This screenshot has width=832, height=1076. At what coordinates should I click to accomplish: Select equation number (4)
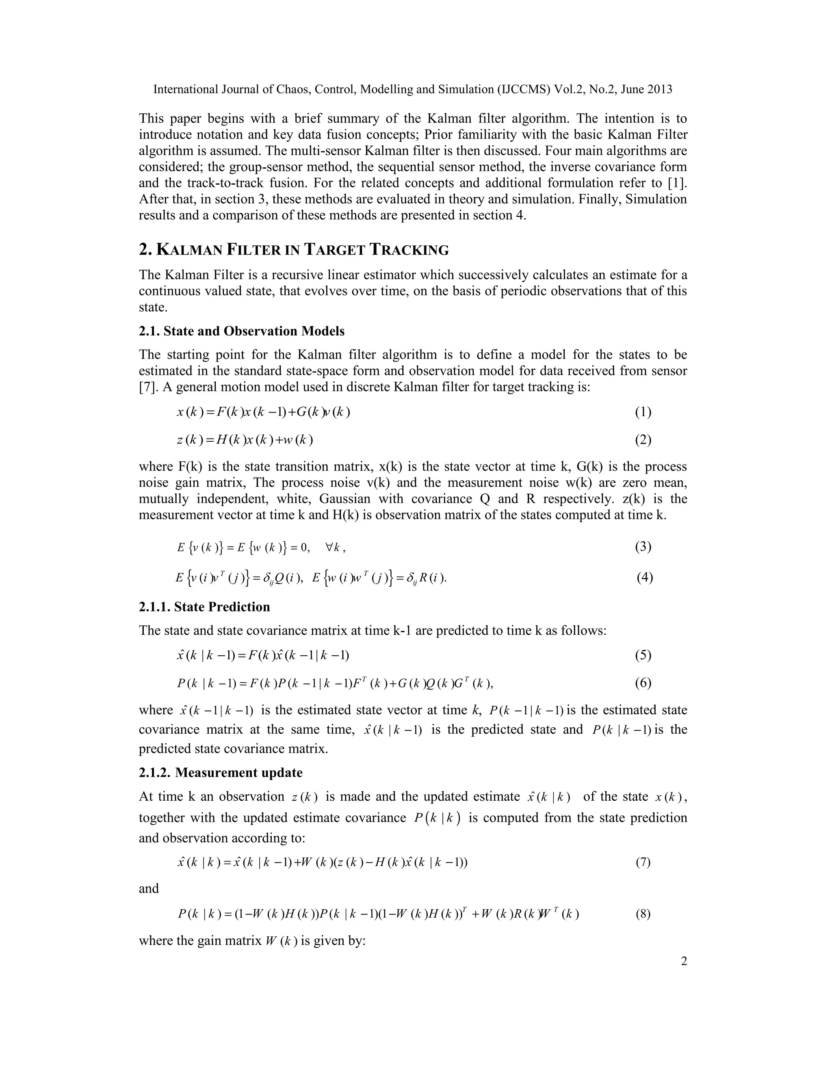point(645,577)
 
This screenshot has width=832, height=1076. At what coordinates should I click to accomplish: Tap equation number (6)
point(643,683)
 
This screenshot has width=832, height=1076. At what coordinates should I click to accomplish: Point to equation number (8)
point(643,914)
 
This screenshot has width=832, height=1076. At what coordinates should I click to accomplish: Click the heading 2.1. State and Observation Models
point(242,331)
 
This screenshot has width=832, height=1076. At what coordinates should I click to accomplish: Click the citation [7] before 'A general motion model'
point(147,387)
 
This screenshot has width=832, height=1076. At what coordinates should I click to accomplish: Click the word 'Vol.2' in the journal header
point(567,89)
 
